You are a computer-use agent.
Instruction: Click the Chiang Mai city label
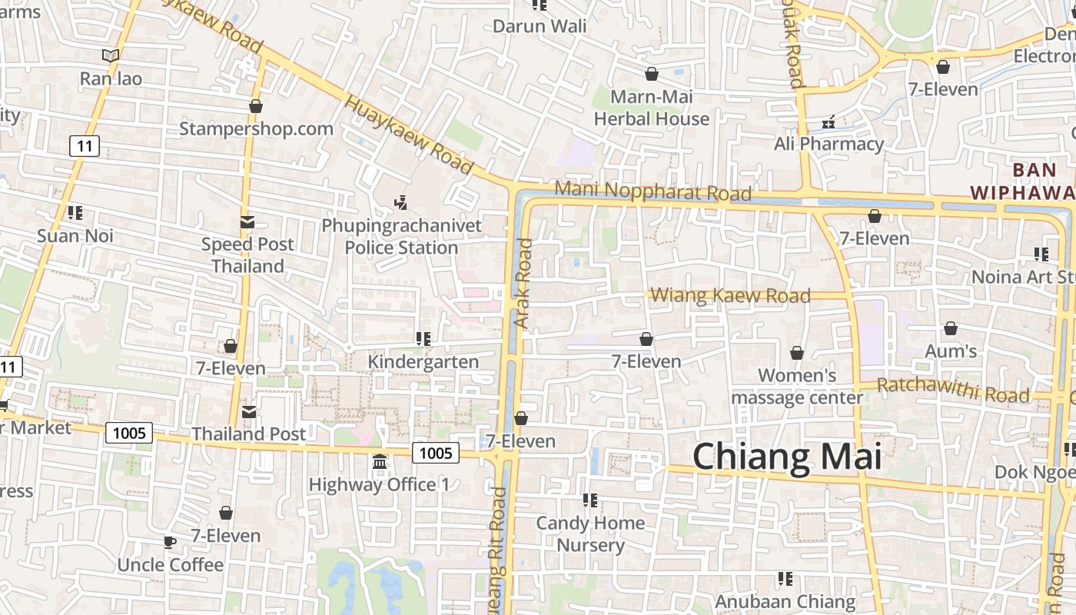786,457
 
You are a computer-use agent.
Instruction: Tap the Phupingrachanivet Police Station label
401,237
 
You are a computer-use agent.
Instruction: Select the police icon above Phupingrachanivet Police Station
400,203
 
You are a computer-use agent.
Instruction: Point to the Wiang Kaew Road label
730,295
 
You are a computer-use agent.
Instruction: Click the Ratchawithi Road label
952,390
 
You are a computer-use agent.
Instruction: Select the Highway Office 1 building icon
380,462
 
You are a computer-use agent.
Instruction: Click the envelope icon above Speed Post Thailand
247,222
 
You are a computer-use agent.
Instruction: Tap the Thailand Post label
248,434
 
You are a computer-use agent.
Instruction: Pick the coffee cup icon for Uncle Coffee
169,542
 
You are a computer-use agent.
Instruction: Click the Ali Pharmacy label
829,144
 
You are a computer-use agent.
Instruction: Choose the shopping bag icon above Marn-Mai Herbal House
652,74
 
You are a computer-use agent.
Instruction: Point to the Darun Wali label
540,26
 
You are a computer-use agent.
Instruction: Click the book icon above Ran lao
111,55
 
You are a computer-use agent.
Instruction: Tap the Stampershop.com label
256,128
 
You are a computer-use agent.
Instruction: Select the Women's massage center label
797,387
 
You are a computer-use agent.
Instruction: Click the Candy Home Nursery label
590,534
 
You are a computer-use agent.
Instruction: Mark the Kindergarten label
423,361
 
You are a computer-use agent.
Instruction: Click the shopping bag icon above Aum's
951,329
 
